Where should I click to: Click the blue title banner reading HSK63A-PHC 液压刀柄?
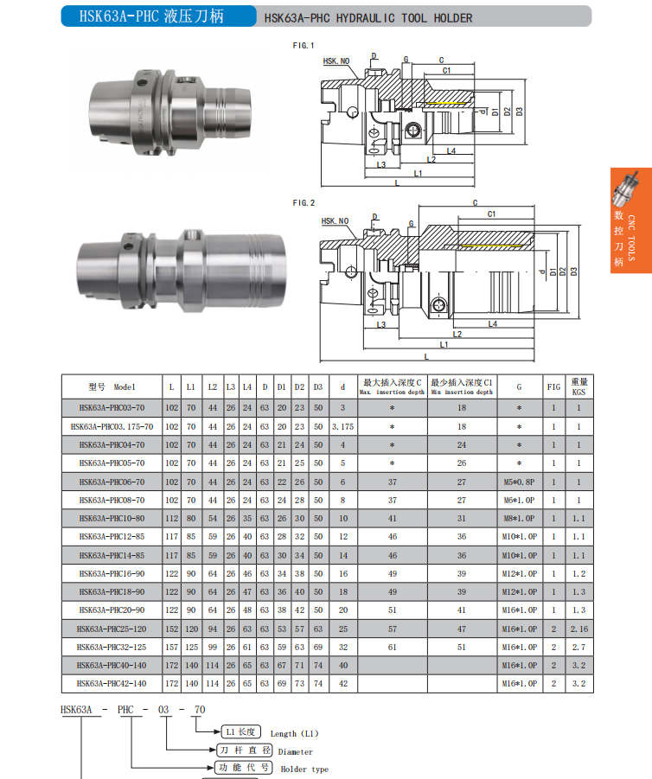click(158, 16)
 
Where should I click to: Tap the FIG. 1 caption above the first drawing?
click(304, 46)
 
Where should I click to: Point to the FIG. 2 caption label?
click(304, 202)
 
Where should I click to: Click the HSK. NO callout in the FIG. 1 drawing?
click(336, 61)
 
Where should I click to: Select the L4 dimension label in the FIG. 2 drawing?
click(493, 324)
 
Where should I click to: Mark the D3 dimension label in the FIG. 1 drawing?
click(520, 112)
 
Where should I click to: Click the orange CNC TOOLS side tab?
click(631, 220)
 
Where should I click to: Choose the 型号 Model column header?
click(112, 387)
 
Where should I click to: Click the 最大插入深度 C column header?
click(392, 386)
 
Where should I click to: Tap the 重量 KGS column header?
click(579, 386)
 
